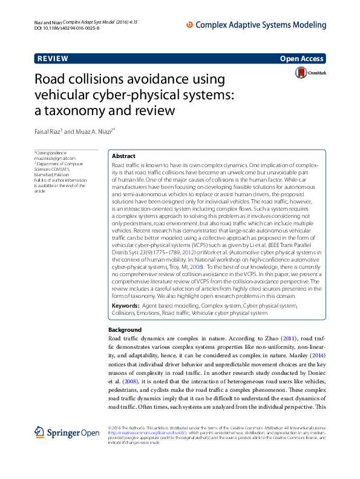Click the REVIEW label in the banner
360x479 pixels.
[53, 59]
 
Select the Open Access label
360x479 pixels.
[302, 59]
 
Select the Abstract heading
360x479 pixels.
[124, 156]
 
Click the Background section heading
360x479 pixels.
[125, 330]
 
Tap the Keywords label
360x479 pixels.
[126, 307]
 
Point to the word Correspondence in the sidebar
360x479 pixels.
[51, 153]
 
